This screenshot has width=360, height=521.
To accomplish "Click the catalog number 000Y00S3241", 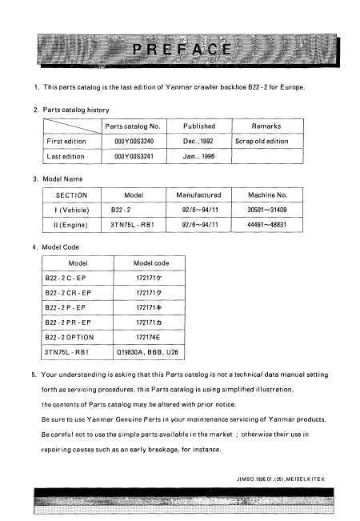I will point(134,158).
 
